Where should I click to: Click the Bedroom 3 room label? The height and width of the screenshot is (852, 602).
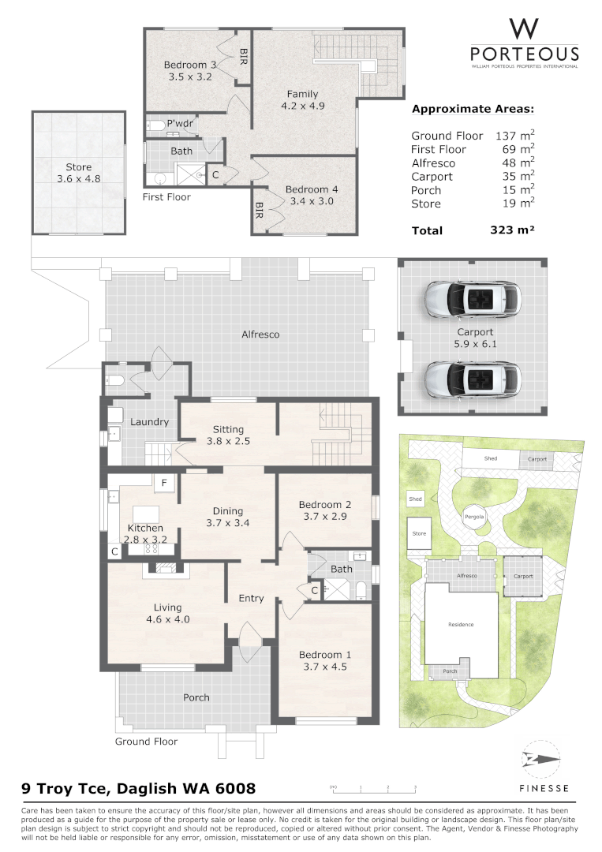click(x=189, y=65)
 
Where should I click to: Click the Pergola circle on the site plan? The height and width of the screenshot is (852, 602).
click(x=473, y=518)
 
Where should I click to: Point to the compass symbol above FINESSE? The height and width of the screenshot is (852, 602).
click(x=540, y=760)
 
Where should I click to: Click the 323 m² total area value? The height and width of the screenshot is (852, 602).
click(x=512, y=230)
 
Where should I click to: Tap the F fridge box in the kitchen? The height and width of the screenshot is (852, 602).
click(x=164, y=483)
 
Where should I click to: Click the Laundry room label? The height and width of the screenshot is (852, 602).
click(x=149, y=422)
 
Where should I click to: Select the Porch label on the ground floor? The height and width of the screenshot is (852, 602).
click(x=196, y=697)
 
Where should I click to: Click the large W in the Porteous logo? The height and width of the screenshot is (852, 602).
click(x=524, y=29)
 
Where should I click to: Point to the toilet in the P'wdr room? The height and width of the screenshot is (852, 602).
click(x=155, y=125)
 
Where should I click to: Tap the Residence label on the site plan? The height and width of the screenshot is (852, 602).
click(x=461, y=624)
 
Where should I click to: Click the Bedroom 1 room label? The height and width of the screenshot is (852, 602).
click(x=324, y=655)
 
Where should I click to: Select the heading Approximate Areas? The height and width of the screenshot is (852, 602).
click(x=473, y=109)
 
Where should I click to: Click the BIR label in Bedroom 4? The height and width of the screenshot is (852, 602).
click(x=259, y=210)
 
